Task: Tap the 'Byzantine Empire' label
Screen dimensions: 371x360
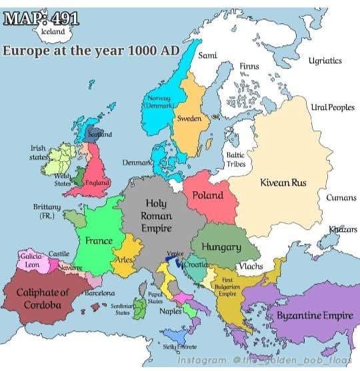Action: [315, 314]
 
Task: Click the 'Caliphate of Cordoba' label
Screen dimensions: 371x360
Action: [43, 299]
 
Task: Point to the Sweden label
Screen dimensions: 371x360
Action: [189, 119]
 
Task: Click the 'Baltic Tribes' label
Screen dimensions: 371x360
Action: [236, 159]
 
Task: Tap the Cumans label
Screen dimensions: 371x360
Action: [341, 198]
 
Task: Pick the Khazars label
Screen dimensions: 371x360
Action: [343, 230]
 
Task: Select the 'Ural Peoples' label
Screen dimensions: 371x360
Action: [332, 107]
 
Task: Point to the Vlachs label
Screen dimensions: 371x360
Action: [250, 266]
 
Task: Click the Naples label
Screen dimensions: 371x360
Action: [171, 311]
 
